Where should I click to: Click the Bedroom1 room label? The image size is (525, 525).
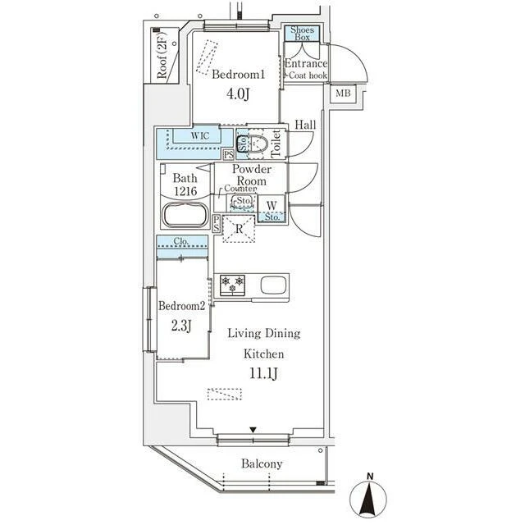pyautogui.click(x=239, y=74)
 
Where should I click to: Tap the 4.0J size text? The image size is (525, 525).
pyautogui.click(x=238, y=94)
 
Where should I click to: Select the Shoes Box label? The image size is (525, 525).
pyautogui.click(x=302, y=34)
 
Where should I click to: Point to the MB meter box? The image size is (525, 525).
pyautogui.click(x=343, y=93)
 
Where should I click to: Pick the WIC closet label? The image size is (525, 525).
pyautogui.click(x=200, y=135)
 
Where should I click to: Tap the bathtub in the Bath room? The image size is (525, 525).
pyautogui.click(x=185, y=215)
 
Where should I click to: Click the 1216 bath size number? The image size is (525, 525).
pyautogui.click(x=185, y=191)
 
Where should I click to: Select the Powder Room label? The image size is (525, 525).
pyautogui.click(x=252, y=175)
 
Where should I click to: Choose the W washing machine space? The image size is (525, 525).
pyautogui.click(x=272, y=205)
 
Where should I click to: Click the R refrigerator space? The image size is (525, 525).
pyautogui.click(x=239, y=229)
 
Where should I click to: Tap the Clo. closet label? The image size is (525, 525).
pyautogui.click(x=181, y=241)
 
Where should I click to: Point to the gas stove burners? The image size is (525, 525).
pyautogui.click(x=232, y=284)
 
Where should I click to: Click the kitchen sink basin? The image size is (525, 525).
pyautogui.click(x=273, y=285)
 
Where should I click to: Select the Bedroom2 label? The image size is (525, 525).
pyautogui.click(x=181, y=306)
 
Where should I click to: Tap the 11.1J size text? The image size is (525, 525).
pyautogui.click(x=263, y=373)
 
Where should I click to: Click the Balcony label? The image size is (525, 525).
pyautogui.click(x=262, y=463)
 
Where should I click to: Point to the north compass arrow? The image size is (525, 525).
pyautogui.click(x=368, y=497)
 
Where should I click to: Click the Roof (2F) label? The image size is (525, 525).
pyautogui.click(x=162, y=56)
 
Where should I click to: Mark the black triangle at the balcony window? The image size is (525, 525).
pyautogui.click(x=253, y=430)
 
